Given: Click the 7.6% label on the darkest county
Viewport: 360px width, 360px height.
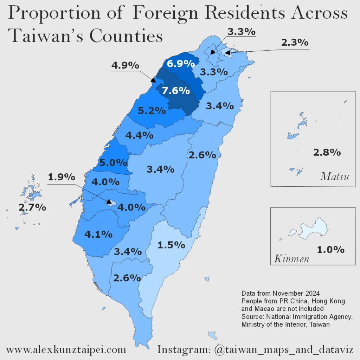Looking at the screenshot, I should click(x=176, y=90).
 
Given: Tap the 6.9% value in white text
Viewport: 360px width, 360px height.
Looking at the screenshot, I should click(x=181, y=64).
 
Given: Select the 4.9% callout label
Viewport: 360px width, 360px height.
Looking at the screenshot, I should click(x=125, y=65).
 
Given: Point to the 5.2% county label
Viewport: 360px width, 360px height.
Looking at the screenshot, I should click(x=152, y=110).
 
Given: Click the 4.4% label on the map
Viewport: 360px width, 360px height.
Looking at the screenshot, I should click(x=139, y=135).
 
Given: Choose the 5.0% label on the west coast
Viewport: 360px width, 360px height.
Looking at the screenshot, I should click(x=113, y=162).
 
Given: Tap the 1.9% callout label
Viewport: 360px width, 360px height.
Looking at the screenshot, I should click(x=62, y=177).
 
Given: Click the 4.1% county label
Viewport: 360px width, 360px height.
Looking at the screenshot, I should click(x=98, y=234).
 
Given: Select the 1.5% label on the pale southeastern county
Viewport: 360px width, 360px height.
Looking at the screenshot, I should click(x=171, y=245).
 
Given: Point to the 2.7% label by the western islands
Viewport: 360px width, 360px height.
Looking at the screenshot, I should click(x=32, y=207).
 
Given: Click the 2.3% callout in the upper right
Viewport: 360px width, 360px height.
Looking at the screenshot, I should click(x=295, y=43).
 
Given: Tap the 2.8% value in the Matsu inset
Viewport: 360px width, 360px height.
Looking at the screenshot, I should click(x=327, y=152).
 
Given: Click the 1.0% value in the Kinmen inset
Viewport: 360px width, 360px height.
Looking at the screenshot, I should click(x=330, y=250).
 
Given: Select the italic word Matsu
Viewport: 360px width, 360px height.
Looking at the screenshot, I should click(x=335, y=176).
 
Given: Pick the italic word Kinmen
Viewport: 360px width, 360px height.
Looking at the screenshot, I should click(x=291, y=259).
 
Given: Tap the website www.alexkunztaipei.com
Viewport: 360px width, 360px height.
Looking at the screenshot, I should click(x=66, y=350).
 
